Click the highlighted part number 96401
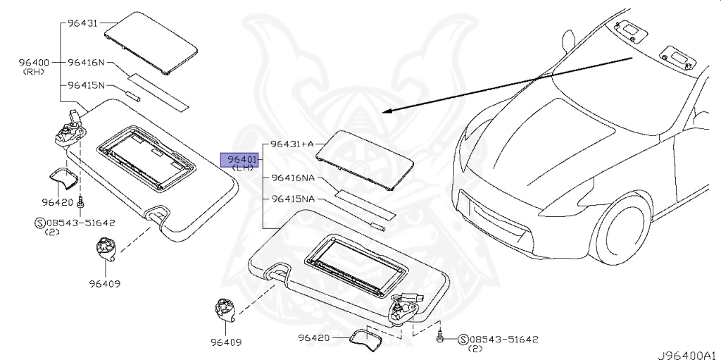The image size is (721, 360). [241, 159]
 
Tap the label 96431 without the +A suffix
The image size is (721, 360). [82, 24]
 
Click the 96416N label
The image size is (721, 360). [86, 63]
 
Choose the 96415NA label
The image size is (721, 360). [293, 199]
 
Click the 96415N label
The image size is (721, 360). [86, 85]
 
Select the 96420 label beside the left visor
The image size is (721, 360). [57, 202]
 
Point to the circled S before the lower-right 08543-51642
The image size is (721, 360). [463, 340]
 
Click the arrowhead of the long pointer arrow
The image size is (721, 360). [386, 111]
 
